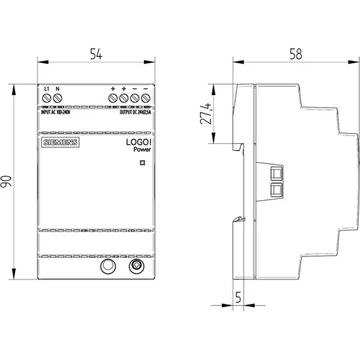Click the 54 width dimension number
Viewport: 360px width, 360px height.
(96, 54)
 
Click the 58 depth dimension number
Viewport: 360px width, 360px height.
(296, 54)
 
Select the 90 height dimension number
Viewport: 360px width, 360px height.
(6, 181)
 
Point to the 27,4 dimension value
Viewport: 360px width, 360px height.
(206, 114)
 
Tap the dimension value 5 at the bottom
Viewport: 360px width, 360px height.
(238, 297)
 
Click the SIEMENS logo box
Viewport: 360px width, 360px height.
(60, 143)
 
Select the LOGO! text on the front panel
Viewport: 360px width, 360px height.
(139, 142)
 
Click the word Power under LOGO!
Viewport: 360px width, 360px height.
(142, 149)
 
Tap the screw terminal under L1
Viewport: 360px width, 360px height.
(46, 98)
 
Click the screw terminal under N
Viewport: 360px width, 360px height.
(58, 98)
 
